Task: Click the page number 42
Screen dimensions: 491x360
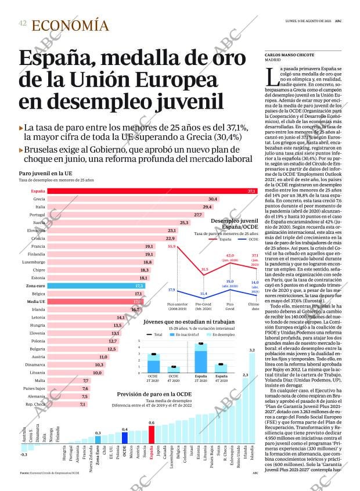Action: pos(22,23)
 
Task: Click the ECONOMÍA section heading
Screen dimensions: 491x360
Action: pos(70,26)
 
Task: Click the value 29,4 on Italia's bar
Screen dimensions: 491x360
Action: pos(207,207)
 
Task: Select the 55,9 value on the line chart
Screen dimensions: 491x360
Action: pos(171,247)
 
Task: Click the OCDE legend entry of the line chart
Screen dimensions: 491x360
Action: pos(250,239)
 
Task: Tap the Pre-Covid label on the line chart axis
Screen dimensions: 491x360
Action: pos(203,304)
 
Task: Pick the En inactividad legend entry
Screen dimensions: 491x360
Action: pos(193,335)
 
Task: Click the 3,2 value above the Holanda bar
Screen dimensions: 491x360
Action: pos(251,350)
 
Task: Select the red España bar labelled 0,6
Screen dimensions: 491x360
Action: pos(152,435)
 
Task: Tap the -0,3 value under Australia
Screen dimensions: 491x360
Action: pos(24,454)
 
